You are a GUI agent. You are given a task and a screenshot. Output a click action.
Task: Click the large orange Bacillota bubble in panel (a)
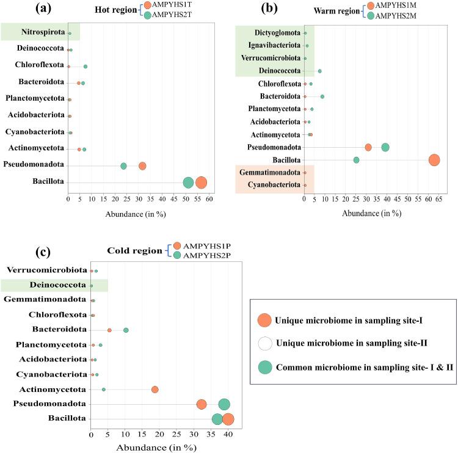(201, 183)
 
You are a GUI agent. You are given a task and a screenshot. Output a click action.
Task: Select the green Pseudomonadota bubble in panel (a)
(124, 166)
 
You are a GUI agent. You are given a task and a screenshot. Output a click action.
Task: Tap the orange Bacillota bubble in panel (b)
(434, 160)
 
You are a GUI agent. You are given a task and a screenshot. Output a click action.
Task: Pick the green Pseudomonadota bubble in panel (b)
(385, 147)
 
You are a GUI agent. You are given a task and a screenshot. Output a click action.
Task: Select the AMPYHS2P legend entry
(202, 256)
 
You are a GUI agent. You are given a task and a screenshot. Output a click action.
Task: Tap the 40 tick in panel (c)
(228, 435)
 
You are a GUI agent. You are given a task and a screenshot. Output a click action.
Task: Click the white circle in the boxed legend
(264, 343)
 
